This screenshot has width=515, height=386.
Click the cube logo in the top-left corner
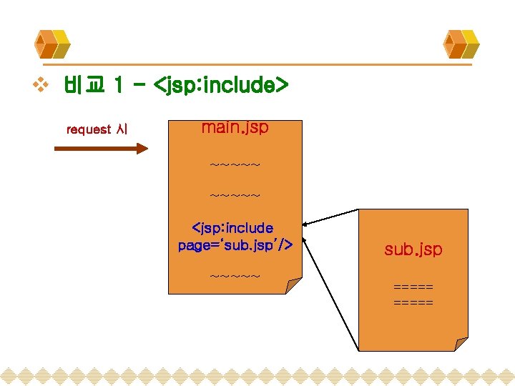pyautogui.click(x=51, y=44)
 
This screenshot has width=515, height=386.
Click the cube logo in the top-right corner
pyautogui.click(x=461, y=44)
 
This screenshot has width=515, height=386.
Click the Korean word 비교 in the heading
pyautogui.click(x=85, y=86)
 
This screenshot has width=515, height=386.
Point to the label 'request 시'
pyautogui.click(x=97, y=129)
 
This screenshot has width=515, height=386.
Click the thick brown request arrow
pyautogui.click(x=101, y=149)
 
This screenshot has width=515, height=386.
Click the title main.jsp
pyautogui.click(x=235, y=128)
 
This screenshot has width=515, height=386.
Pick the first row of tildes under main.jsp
pyautogui.click(x=235, y=165)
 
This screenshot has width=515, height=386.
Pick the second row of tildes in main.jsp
pyautogui.click(x=235, y=194)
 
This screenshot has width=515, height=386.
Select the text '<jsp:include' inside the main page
pyautogui.click(x=232, y=228)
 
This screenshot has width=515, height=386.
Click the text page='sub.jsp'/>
pyautogui.click(x=235, y=245)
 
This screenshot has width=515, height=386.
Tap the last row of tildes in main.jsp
pyautogui.click(x=235, y=275)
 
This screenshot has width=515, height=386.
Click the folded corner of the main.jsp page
pyautogui.click(x=293, y=285)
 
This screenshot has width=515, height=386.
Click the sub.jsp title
pyautogui.click(x=413, y=249)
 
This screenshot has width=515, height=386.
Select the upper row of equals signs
pyautogui.click(x=413, y=287)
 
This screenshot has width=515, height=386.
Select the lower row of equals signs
pyautogui.click(x=413, y=302)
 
